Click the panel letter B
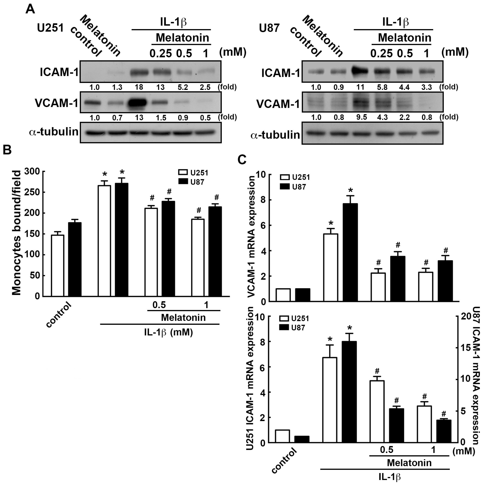(x=7, y=150)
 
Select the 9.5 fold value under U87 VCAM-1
(x=361, y=117)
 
